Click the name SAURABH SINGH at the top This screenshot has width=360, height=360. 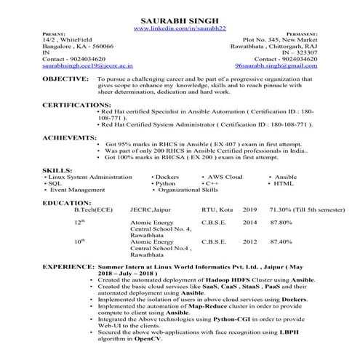point(180,20)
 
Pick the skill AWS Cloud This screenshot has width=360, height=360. point(225,177)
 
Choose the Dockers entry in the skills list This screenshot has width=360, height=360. point(169,177)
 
